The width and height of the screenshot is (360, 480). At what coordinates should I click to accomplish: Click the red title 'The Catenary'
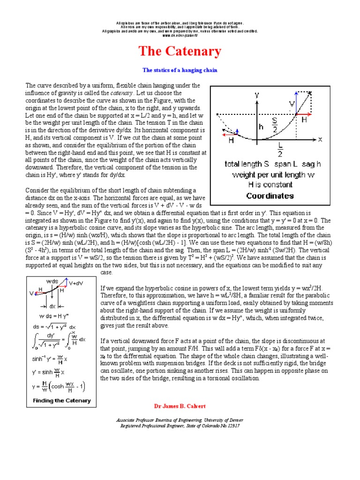[x=180, y=51]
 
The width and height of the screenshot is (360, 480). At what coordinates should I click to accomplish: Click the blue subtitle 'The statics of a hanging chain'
[x=180, y=70]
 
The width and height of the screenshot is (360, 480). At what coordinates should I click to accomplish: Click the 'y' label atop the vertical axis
[x=257, y=95]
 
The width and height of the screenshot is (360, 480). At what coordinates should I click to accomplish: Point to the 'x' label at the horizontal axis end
[x=320, y=139]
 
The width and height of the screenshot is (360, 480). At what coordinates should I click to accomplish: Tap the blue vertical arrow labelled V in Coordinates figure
[x=296, y=106]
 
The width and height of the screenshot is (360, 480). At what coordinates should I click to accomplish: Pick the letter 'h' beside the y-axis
[x=261, y=127]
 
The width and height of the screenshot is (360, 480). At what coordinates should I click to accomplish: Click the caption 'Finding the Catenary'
[x=62, y=401]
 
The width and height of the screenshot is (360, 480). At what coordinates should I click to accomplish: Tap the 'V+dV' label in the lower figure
[x=77, y=284]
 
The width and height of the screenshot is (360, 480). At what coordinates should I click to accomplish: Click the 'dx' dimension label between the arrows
[x=52, y=306]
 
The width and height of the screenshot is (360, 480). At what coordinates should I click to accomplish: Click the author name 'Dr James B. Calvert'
[x=180, y=405]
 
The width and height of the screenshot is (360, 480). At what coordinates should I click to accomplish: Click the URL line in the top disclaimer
[x=180, y=36]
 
